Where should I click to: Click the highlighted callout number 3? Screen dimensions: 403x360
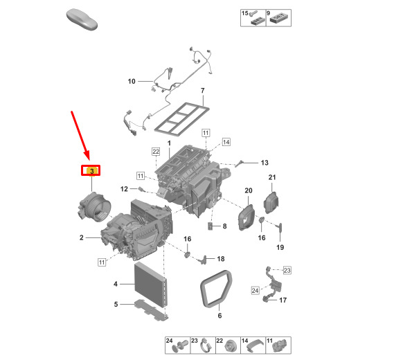[91, 171]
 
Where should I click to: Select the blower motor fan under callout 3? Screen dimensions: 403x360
[94, 206]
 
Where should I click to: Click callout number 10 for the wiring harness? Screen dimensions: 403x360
[132, 81]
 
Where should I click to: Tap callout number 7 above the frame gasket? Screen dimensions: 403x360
[203, 91]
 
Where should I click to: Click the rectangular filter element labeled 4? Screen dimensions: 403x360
[151, 285]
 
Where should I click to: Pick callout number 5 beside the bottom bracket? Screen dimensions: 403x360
[116, 304]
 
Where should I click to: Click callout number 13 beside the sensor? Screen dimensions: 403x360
[265, 163]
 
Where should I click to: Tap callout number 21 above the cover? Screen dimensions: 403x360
[272, 177]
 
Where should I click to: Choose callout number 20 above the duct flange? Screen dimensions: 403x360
[249, 190]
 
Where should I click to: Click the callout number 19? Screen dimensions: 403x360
[280, 247]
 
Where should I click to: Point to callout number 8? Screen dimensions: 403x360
[224, 226]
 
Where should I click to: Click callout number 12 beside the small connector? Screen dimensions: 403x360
[124, 189]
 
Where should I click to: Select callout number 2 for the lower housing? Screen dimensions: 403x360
[82, 237]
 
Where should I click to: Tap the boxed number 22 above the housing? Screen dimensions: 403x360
[156, 152]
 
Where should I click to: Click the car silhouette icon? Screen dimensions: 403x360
[82, 19]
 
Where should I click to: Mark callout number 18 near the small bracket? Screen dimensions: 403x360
[221, 259]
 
